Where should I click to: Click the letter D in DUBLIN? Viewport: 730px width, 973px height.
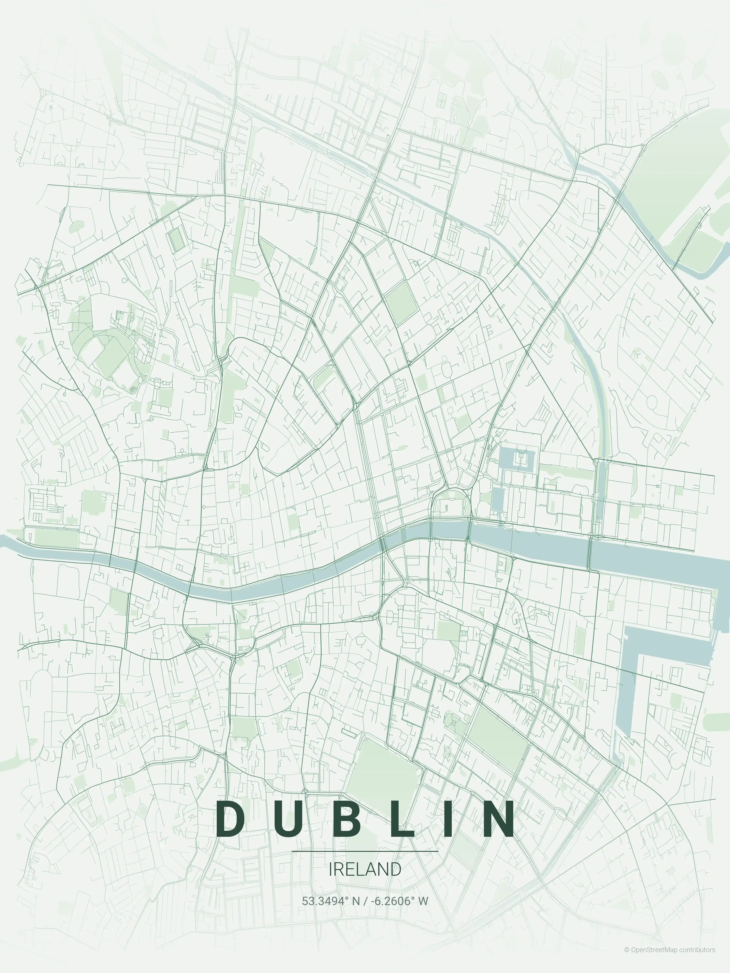[231, 819]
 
